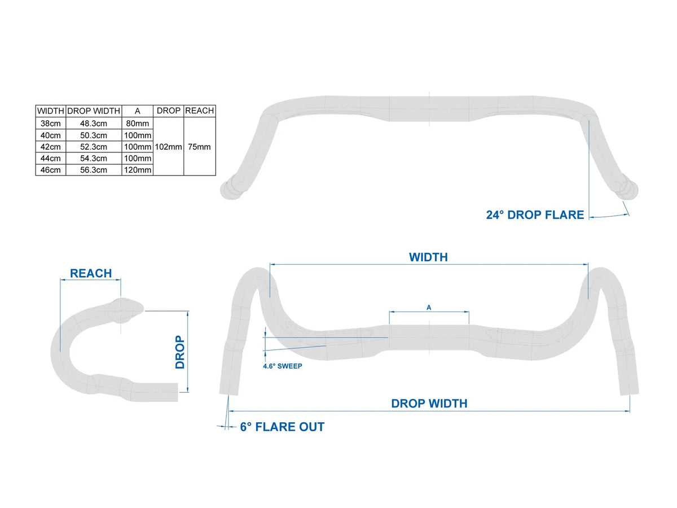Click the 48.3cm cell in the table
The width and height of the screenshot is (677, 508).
click(94, 124)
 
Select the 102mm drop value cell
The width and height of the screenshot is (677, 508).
click(168, 147)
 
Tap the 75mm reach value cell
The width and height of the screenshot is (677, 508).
click(200, 147)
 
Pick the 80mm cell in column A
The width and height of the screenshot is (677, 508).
click(138, 124)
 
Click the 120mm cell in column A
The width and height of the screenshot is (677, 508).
click(138, 170)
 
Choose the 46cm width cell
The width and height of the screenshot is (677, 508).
click(51, 170)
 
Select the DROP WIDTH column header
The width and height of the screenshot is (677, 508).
click(94, 111)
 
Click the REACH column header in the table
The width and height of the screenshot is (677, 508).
click(200, 111)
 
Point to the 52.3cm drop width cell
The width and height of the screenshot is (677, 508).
click(94, 147)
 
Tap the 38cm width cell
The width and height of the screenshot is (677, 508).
click(51, 124)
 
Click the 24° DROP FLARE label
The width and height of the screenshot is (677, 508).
click(535, 215)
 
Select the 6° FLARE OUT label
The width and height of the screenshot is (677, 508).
click(282, 427)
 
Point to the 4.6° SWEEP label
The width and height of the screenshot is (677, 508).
click(283, 366)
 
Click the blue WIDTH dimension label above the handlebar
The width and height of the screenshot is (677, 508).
click(428, 257)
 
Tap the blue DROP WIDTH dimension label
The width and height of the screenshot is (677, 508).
click(429, 404)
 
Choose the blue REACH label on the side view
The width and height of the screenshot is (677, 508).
click(91, 273)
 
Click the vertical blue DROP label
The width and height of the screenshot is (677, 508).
click(180, 352)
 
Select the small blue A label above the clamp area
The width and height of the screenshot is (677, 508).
click(429, 308)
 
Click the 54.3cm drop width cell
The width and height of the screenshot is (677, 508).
click(94, 159)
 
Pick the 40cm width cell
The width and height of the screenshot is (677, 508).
click(51, 135)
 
